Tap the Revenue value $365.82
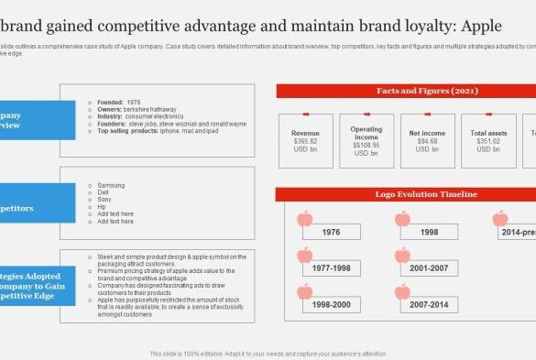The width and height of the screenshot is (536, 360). click(305, 141)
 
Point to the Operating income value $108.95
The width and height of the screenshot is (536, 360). click(366, 145)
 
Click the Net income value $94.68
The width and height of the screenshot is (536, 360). click(427, 141)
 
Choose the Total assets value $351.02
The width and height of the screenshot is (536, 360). click(488, 141)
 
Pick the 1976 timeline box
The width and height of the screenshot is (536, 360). click(331, 233)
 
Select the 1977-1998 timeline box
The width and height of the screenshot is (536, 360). click(331, 268)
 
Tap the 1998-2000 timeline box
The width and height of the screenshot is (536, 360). click(331, 304)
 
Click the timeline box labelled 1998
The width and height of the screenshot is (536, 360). click(428, 233)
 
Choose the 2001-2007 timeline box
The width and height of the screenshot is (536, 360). click(428, 268)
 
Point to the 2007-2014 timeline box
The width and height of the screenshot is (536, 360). click(428, 304)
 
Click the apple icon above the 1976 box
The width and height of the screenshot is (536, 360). click(305, 219)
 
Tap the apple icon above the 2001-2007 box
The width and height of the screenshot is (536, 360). click(402, 255)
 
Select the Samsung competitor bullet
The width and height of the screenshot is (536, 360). click(111, 185)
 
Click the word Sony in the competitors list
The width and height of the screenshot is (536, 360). click(105, 200)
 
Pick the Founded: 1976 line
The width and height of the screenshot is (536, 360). click(121, 102)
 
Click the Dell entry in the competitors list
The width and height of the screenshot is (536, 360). click(104, 192)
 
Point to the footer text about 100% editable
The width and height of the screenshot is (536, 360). click(268, 354)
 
